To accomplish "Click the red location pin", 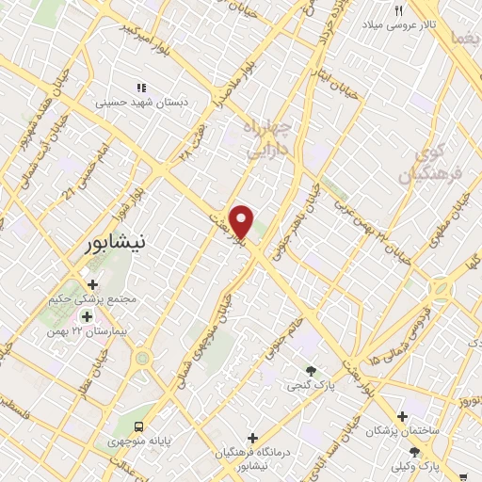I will coord(243,221).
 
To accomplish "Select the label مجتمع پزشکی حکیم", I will coord(92,300).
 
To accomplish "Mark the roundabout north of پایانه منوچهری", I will coord(142,358).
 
